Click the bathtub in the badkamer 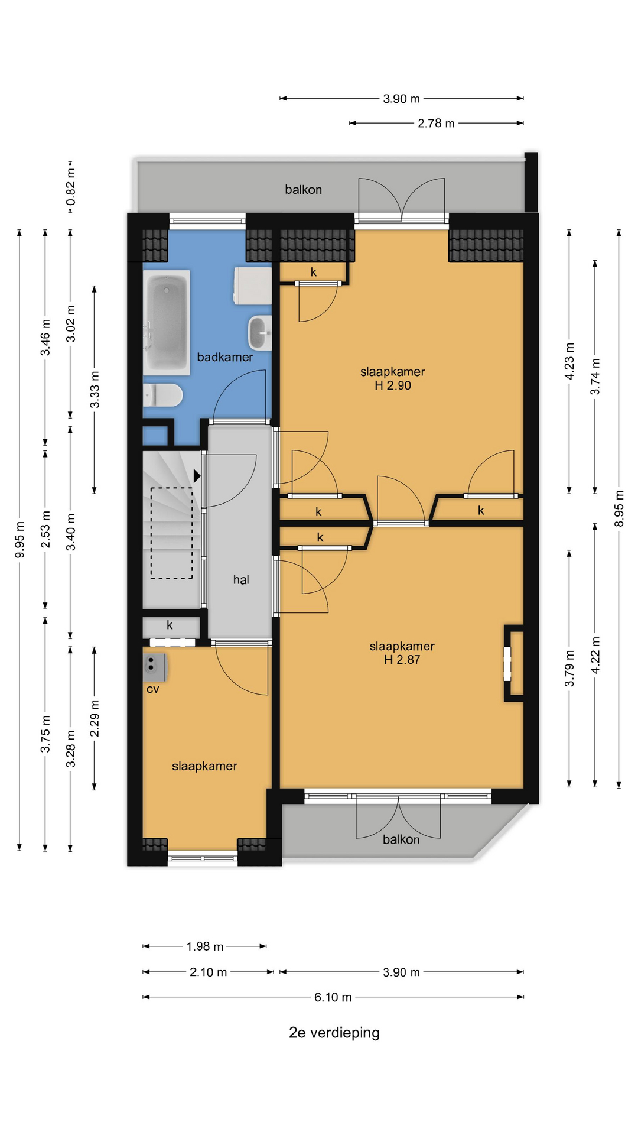[167, 322]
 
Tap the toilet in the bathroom [162, 395]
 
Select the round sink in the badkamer [260, 333]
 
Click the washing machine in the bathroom [253, 286]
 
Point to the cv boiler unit [155, 667]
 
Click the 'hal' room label [241, 580]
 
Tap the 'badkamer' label [225, 357]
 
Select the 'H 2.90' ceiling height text [393, 385]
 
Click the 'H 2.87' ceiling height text [402, 660]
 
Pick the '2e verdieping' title [334, 1033]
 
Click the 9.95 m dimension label [19, 539]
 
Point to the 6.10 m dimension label [333, 997]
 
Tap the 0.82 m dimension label [70, 186]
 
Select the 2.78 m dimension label [437, 123]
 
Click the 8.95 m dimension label [619, 508]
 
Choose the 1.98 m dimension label [205, 946]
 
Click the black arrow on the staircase [197, 475]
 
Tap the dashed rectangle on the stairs [172, 533]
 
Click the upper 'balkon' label [304, 190]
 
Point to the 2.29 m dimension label [95, 718]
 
